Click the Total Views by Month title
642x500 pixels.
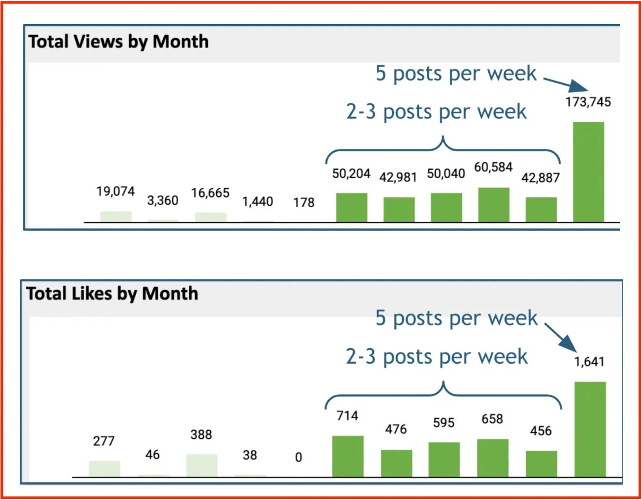(x=118, y=42)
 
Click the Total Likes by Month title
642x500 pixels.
(x=112, y=293)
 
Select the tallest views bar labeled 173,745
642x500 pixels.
(x=588, y=172)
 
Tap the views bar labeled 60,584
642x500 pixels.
(x=494, y=205)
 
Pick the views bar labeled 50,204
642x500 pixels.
(x=351, y=207)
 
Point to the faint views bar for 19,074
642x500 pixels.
(x=116, y=217)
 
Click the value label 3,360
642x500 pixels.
(x=162, y=200)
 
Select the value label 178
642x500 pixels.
(x=304, y=202)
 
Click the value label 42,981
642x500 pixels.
(x=398, y=177)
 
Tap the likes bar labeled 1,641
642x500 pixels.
(x=590, y=429)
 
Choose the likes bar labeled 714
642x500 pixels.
(x=348, y=456)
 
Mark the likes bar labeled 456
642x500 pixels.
(x=541, y=464)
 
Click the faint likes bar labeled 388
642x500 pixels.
(x=202, y=465)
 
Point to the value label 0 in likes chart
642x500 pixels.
(x=299, y=457)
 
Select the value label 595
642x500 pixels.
(x=444, y=423)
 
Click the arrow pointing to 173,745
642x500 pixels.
(x=567, y=83)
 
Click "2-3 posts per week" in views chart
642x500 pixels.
(x=436, y=112)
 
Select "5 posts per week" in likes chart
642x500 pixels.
(x=456, y=318)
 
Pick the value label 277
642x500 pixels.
(x=104, y=441)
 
